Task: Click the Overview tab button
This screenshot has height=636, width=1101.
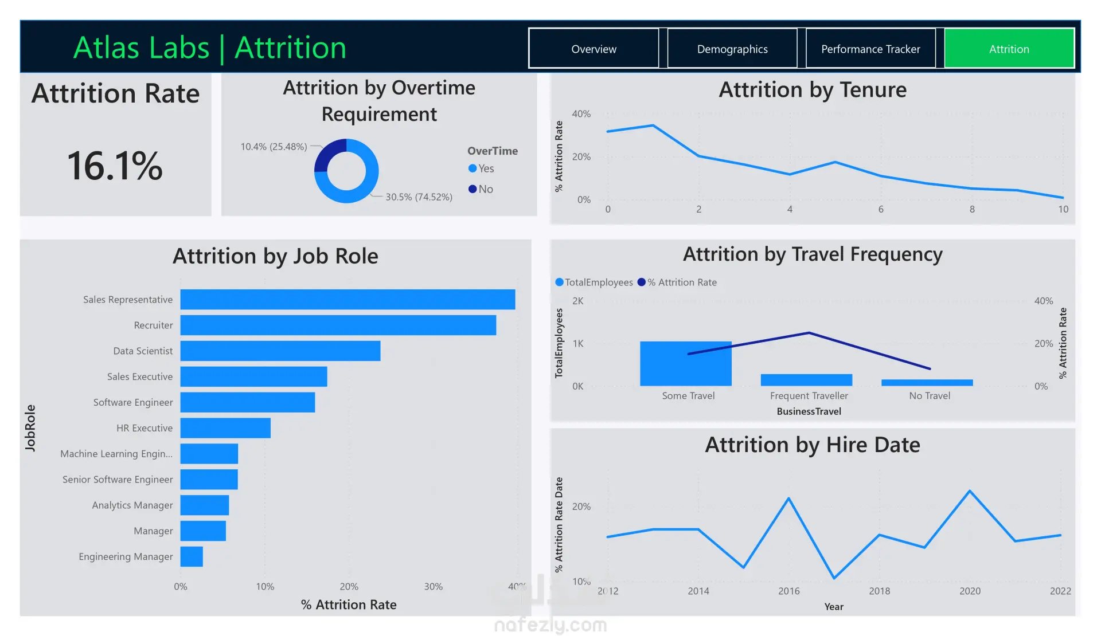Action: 594,49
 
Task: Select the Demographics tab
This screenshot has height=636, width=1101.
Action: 732,49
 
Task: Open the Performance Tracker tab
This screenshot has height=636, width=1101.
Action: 870,49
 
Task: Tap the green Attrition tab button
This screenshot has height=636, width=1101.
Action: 1009,49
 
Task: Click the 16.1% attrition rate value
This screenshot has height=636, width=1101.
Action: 115,166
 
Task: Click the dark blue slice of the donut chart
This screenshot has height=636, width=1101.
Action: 329,154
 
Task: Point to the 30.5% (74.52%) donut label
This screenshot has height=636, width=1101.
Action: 419,197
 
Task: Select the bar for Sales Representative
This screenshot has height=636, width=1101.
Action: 348,299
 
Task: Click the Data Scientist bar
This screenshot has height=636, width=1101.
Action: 280,351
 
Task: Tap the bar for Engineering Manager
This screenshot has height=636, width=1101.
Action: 192,556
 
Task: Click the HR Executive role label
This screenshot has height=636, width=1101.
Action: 144,428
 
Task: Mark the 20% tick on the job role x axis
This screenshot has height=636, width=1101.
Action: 349,587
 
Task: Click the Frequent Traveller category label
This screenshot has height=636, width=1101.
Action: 809,396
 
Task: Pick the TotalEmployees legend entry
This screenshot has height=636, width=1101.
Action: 594,282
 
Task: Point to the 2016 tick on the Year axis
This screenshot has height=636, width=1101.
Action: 789,591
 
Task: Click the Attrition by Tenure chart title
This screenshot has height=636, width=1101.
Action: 813,90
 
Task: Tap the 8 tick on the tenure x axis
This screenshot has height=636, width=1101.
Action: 972,210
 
